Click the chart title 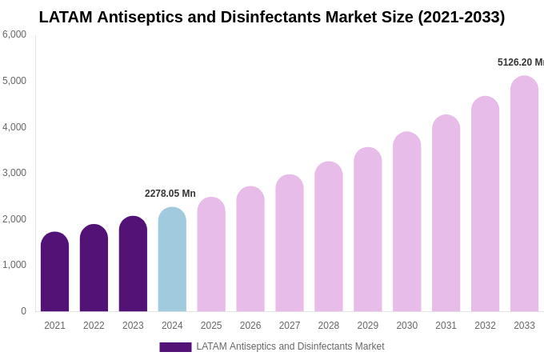click(272, 17)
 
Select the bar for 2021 click(54, 272)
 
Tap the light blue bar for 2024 click(172, 259)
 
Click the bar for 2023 click(133, 264)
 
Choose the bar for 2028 click(329, 237)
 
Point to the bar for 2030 click(406, 222)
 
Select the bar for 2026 click(250, 249)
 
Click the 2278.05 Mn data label click(170, 194)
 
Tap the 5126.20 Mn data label click(520, 62)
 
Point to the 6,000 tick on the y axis click(14, 34)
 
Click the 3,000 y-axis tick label click(14, 173)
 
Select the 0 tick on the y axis click(23, 311)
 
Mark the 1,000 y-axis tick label click(14, 265)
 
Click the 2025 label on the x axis click(211, 326)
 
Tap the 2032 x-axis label click(485, 326)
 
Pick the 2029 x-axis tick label click(368, 326)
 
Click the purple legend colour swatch click(175, 347)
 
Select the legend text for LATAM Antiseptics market click(290, 346)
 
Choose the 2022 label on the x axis click(94, 326)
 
